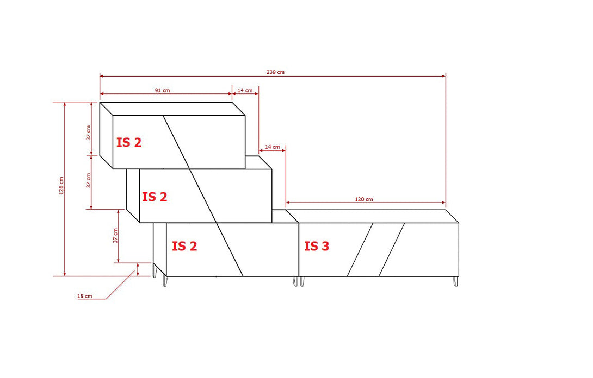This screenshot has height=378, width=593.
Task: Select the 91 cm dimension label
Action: click(162, 90)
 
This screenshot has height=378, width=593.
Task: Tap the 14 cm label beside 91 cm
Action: click(245, 90)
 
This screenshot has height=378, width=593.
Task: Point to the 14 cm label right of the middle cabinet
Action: click(272, 147)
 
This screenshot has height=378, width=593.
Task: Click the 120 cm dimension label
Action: click(364, 199)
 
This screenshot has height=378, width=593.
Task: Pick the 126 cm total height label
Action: click(61, 186)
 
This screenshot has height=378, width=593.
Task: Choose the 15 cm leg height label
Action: click(84, 297)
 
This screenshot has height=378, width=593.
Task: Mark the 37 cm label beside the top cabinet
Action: click(89, 133)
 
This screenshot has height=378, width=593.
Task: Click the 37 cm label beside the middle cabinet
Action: click(89, 181)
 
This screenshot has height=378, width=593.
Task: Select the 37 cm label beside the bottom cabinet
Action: click(115, 236)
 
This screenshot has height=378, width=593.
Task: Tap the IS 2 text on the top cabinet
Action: click(129, 143)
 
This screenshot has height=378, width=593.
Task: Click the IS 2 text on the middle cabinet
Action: click(155, 197)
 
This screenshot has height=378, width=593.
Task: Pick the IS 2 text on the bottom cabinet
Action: click(184, 246)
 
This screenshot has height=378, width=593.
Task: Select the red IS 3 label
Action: click(317, 246)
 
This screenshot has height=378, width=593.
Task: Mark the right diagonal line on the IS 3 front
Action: click(392, 249)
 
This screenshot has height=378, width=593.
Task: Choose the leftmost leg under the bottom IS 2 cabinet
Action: click(156, 271)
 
